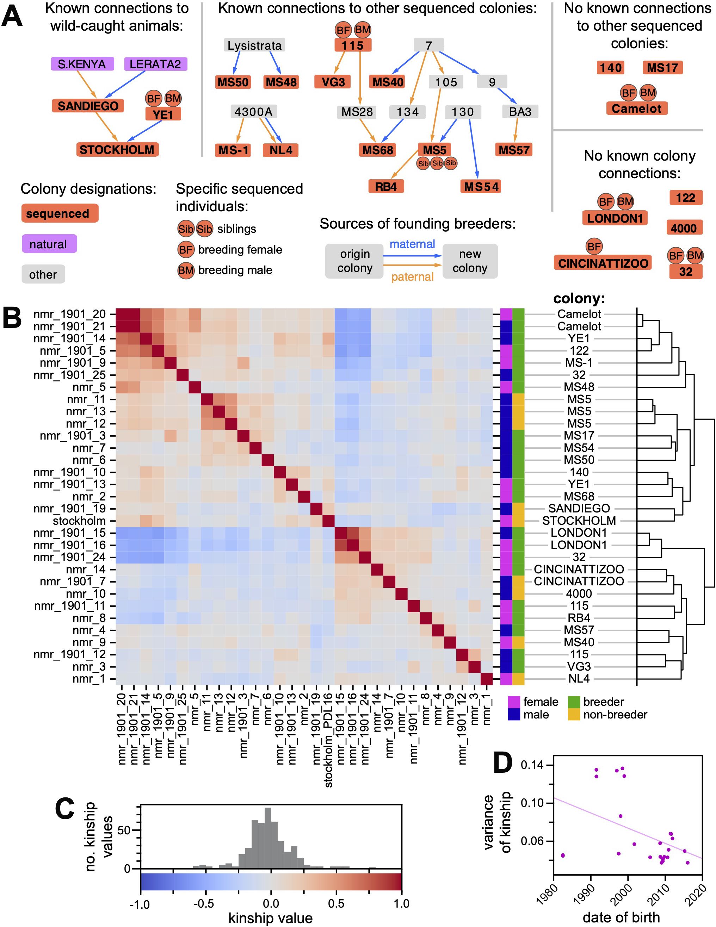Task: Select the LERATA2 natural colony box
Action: coord(155,64)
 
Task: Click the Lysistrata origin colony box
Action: coord(254,45)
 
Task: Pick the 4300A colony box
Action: coord(254,112)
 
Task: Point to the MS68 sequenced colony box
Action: coord(377,150)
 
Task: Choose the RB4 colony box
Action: coord(385,186)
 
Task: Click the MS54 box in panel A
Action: coord(481,186)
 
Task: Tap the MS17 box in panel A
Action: coord(662,68)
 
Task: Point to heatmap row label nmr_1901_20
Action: coord(69,314)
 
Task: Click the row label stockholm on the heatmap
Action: coord(79,521)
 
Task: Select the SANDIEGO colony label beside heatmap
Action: coord(579,509)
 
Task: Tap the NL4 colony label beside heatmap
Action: coord(579,679)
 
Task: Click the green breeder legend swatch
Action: coord(574,702)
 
